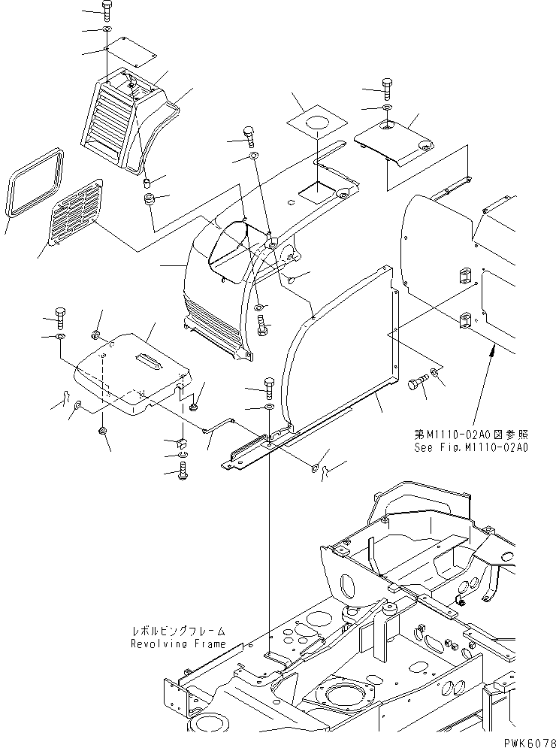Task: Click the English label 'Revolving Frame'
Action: click(177, 644)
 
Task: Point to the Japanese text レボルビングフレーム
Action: click(177, 634)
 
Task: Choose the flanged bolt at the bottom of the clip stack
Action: click(183, 473)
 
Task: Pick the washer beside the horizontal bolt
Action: click(437, 374)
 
